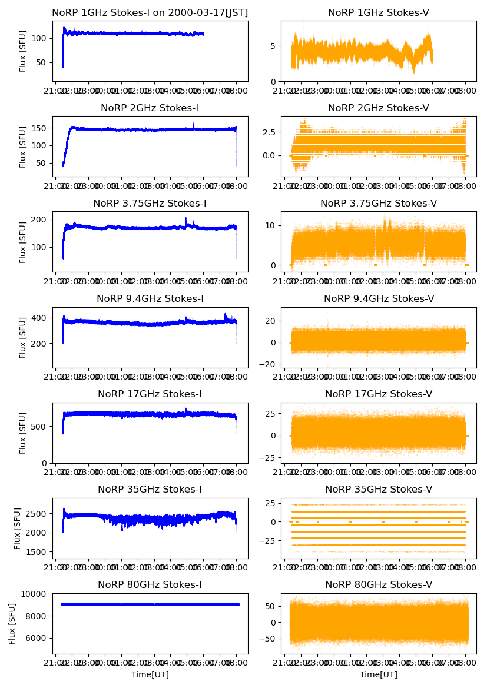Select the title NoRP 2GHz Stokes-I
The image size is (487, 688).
(x=150, y=108)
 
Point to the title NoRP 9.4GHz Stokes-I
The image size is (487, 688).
(x=150, y=298)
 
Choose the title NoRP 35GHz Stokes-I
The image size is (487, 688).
(x=150, y=489)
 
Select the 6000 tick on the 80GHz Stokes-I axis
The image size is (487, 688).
(x=39, y=638)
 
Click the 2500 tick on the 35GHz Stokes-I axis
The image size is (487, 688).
(x=39, y=513)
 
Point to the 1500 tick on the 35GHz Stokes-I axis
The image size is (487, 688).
(x=39, y=552)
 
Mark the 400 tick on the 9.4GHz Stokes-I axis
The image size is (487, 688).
(x=41, y=318)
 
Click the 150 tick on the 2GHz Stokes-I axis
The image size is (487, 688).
(x=41, y=128)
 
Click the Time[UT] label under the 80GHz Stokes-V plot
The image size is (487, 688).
(x=378, y=674)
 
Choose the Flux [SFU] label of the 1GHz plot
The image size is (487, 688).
(x=23, y=51)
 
